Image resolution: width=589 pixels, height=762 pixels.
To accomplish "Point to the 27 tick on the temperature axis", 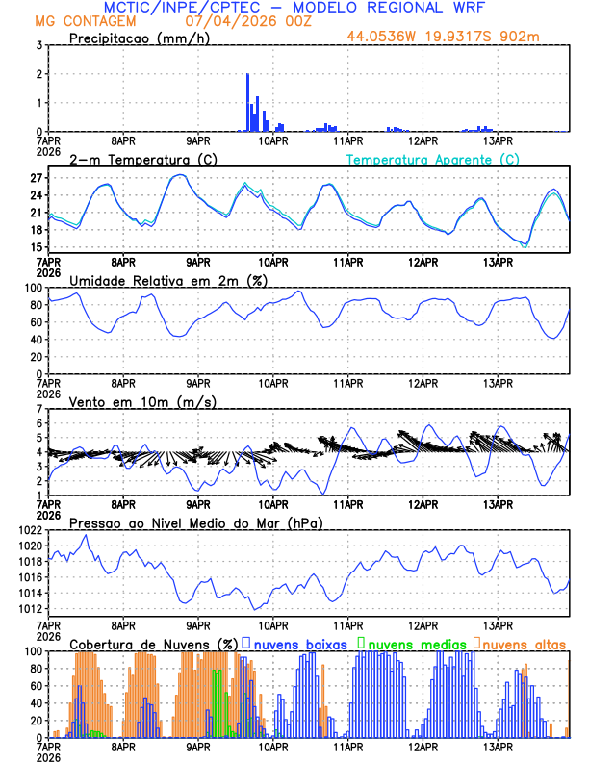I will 36,178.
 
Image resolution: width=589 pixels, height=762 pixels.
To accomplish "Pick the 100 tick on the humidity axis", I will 32,288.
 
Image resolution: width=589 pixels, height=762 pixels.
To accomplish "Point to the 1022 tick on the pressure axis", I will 27,530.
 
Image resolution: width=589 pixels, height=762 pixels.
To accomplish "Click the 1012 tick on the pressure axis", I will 27,609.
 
